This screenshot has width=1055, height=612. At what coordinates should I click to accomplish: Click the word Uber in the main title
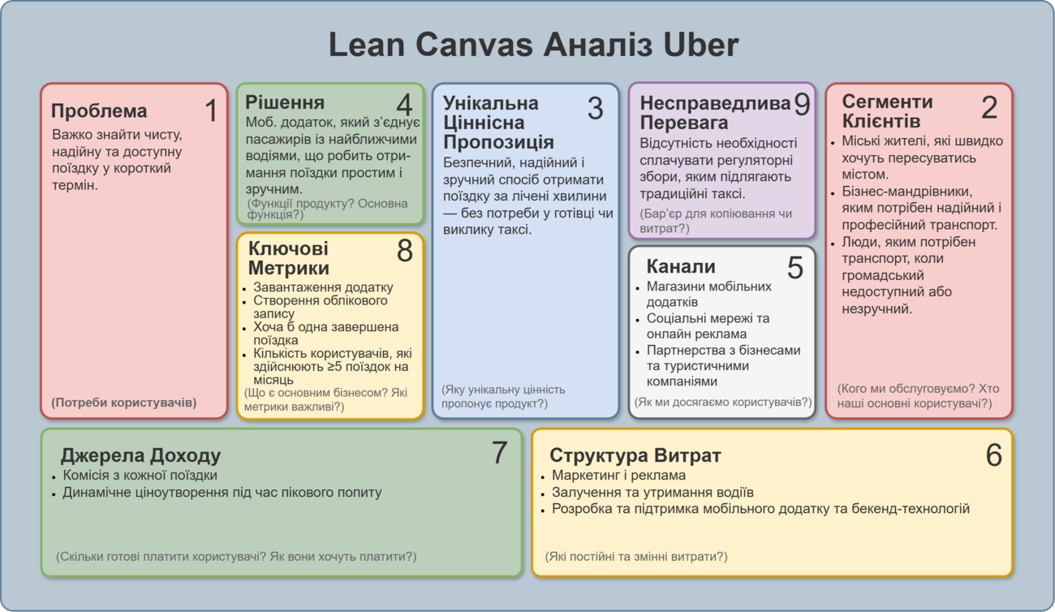coord(701,45)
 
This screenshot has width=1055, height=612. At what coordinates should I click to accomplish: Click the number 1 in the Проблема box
coord(212,110)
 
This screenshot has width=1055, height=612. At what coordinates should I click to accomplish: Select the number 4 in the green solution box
coord(404,105)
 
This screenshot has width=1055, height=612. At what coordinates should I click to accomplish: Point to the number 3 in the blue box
coord(596,108)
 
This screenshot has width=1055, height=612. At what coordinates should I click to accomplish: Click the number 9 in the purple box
coord(802,104)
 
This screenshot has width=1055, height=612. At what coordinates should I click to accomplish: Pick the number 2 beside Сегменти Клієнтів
coord(989,107)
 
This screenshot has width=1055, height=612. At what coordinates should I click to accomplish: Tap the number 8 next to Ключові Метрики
coord(405,250)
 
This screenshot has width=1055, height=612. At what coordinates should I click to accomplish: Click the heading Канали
coord(681,266)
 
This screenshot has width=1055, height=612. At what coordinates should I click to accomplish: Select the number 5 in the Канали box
coord(795,268)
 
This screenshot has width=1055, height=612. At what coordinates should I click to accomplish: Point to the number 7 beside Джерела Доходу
coord(499,453)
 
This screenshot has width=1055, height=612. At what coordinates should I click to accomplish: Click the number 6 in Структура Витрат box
coord(994,455)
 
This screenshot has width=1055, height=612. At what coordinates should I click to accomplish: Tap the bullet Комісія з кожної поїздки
coord(140,475)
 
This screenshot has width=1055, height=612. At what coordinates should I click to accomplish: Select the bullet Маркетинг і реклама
coord(618,475)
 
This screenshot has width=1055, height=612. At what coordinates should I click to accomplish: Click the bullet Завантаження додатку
coord(323,287)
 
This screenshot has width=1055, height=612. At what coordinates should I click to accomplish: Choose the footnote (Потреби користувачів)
coord(124,403)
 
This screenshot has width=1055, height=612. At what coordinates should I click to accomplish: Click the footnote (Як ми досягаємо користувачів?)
coord(723,402)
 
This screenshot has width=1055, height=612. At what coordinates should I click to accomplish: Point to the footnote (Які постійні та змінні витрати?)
coord(636,557)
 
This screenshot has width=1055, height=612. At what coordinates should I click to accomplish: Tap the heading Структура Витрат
coord(635,455)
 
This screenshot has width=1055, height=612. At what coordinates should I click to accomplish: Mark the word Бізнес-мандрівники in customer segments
coord(906,192)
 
